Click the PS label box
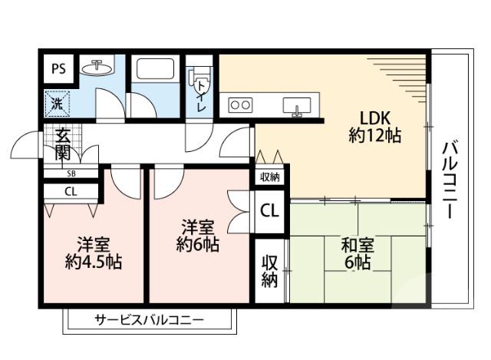click(x=58, y=68)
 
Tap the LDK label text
click(x=376, y=118)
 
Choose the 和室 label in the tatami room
click(x=358, y=247)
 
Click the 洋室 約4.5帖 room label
click(x=93, y=253)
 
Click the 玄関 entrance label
click(x=62, y=144)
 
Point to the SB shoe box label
click(x=71, y=173)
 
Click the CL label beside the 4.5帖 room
click(x=70, y=192)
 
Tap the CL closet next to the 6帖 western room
click(x=269, y=210)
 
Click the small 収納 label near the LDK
click(x=269, y=177)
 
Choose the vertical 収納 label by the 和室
click(x=269, y=272)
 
